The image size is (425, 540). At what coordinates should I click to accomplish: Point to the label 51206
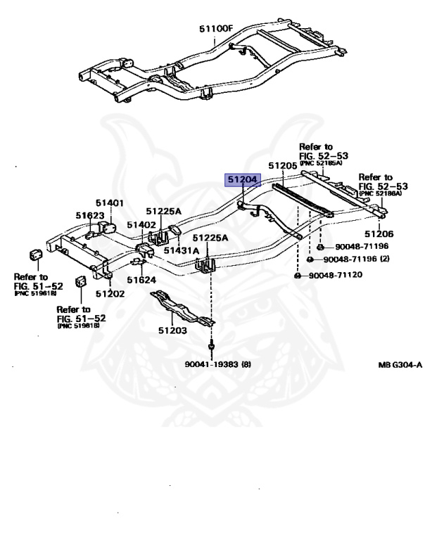tap(379, 234)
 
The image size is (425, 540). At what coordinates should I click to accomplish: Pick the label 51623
tap(90, 216)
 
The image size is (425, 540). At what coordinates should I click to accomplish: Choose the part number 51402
tap(141, 224)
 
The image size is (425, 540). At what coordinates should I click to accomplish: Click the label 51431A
tap(181, 250)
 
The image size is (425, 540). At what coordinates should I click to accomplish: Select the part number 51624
tap(142, 279)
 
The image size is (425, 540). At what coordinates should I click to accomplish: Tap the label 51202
tap(109, 294)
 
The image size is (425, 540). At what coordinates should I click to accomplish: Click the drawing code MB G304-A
tap(400, 365)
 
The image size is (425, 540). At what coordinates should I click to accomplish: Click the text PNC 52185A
tap(321, 163)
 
